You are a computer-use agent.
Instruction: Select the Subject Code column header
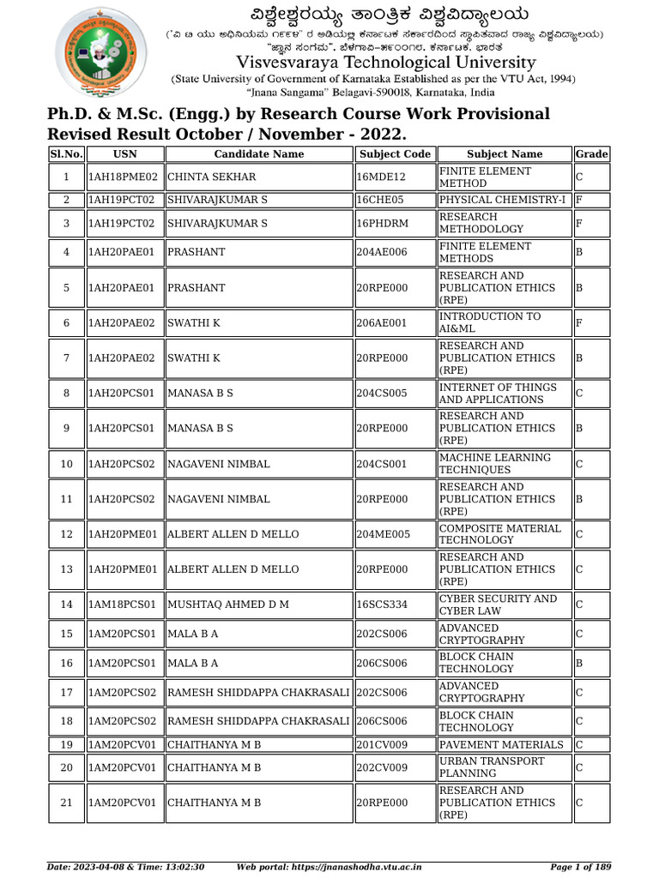(395, 154)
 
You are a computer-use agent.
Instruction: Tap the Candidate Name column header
(258, 154)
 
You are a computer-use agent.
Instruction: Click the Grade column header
(591, 154)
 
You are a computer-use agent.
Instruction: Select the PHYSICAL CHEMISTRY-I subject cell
(502, 200)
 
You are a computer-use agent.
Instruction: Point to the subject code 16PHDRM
(382, 224)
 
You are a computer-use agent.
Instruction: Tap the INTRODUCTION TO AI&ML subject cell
(490, 323)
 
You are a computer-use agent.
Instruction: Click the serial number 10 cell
(66, 465)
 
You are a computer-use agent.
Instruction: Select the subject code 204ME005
(384, 535)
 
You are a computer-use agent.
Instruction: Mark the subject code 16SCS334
(382, 605)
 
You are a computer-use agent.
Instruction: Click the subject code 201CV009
(383, 745)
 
